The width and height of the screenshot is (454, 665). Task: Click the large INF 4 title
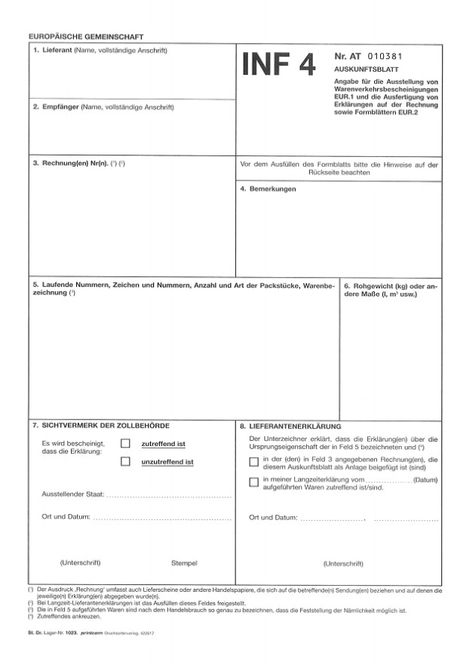[x=278, y=66]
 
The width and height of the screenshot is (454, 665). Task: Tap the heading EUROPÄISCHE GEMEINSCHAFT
[x=85, y=36]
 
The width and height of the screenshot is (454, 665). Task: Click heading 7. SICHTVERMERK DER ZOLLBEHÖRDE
[x=106, y=426]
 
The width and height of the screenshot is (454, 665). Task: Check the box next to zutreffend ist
[x=125, y=444]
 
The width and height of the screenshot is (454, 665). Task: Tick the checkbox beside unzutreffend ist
[x=125, y=461]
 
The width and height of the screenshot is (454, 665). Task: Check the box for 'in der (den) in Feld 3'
[x=253, y=462]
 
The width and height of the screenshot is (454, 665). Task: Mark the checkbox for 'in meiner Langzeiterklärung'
[x=253, y=482]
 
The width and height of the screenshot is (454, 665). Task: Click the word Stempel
[x=184, y=563]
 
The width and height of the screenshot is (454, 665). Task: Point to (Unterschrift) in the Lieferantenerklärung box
[x=343, y=564]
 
